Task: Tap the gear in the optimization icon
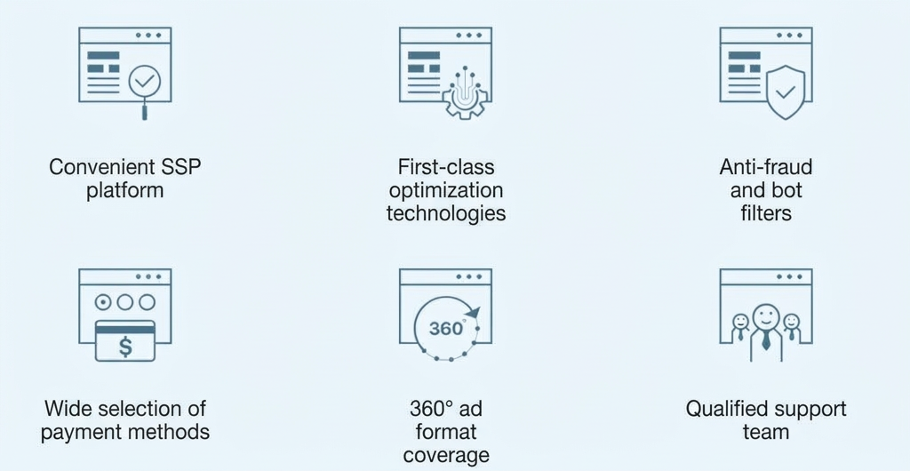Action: (x=465, y=99)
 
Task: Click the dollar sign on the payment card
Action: (x=125, y=347)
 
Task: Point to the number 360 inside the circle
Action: (x=446, y=328)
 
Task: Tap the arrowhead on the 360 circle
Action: (x=473, y=313)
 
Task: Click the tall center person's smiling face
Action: (x=766, y=317)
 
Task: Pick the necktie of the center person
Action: (x=766, y=339)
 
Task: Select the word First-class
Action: (x=446, y=167)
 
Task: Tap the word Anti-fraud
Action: (x=766, y=167)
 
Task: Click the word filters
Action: (x=766, y=213)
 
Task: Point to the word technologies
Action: (x=446, y=213)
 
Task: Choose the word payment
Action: (x=77, y=432)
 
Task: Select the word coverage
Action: (x=446, y=455)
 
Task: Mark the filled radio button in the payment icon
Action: (x=103, y=302)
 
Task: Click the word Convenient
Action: (x=100, y=168)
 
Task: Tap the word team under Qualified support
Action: (x=766, y=432)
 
